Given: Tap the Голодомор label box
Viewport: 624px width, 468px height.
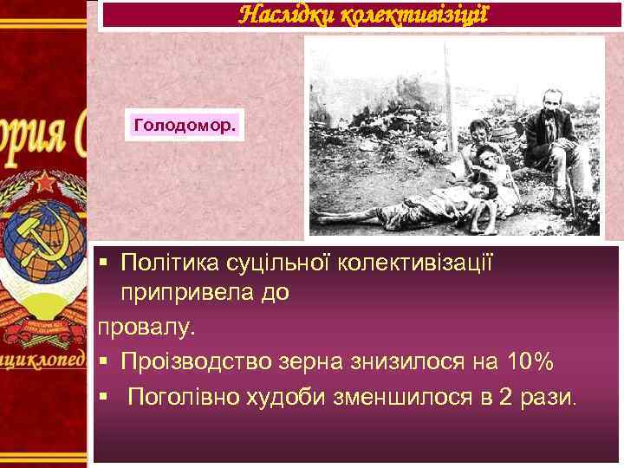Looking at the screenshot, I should point(185,126).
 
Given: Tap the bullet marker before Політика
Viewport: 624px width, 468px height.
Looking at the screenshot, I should point(103,261).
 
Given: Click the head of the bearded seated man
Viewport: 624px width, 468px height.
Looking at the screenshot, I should point(548,100).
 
